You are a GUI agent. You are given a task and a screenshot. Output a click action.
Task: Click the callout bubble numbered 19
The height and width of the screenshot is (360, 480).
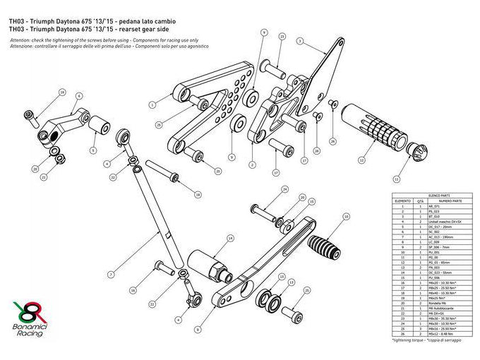coord(61,92)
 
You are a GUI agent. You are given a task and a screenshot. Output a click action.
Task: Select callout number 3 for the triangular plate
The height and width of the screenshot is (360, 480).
coord(299,42)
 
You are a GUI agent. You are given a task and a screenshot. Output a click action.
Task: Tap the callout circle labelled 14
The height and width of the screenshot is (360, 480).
coord(230,239)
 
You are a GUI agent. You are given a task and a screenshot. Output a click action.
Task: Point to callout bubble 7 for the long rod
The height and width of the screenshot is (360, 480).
coord(111,274)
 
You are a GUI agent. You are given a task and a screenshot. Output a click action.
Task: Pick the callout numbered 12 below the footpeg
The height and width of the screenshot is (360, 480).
coord(361,161)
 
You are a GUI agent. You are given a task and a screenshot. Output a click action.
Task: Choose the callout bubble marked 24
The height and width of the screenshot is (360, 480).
coord(285,189)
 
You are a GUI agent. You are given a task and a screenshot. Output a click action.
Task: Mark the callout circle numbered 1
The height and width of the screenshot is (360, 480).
coord(152,104)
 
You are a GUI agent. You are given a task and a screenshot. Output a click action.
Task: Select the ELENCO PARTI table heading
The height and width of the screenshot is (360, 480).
coord(431,195)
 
